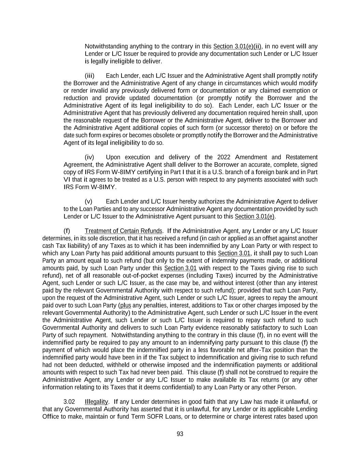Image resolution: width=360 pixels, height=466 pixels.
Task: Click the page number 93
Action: point(180,434)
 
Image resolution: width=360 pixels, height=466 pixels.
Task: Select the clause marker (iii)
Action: point(89,76)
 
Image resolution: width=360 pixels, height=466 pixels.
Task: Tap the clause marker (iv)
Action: point(89,157)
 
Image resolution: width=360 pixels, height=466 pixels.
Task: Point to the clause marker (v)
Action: point(88,202)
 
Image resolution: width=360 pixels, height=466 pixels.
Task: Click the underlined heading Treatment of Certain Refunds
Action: point(124,231)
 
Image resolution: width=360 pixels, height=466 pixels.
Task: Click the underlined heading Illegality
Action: point(96,402)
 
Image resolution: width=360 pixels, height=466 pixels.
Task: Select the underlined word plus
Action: point(126,306)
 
